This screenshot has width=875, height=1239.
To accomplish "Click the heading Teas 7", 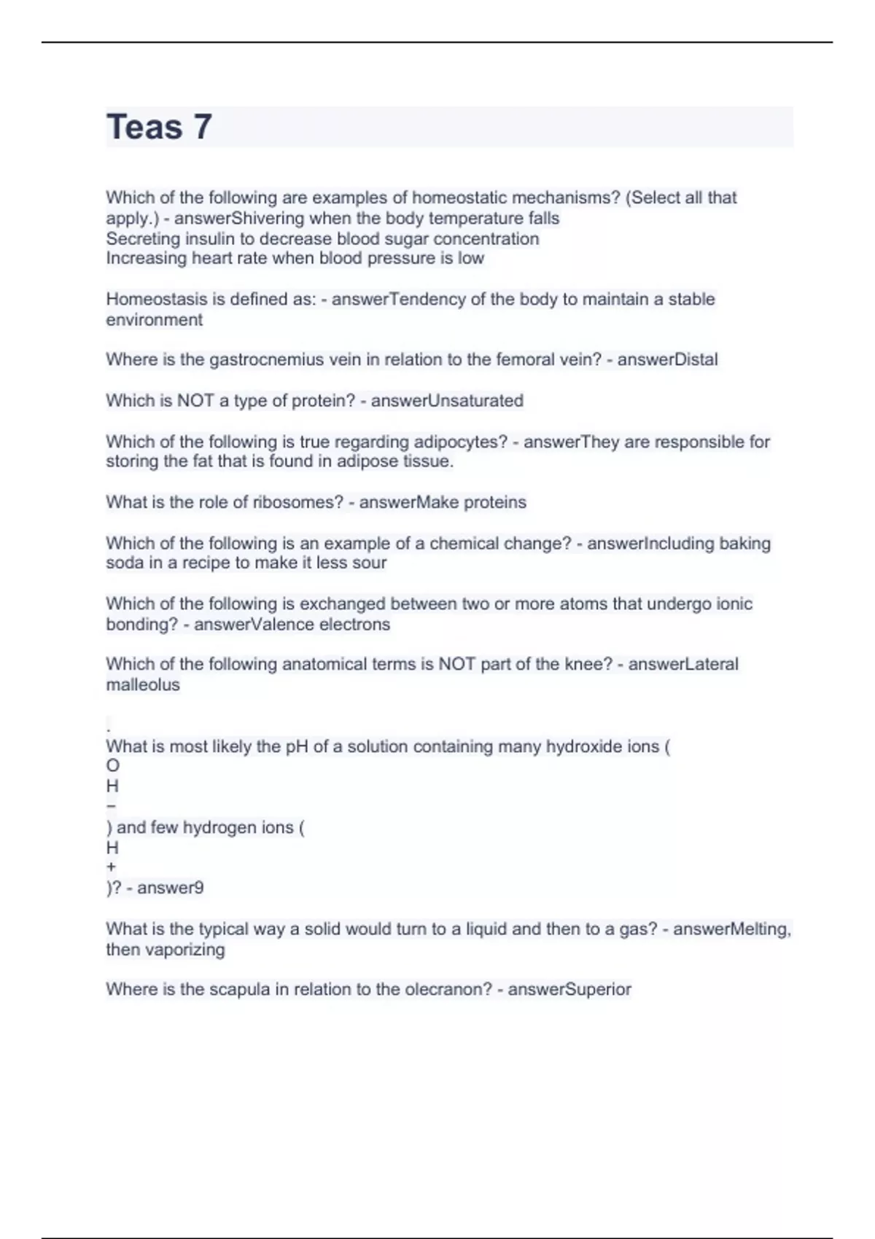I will (x=159, y=127).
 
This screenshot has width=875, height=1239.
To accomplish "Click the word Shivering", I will (x=267, y=219).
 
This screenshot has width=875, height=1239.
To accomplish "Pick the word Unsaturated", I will (x=475, y=401).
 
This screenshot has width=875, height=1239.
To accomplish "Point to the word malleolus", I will (x=143, y=685).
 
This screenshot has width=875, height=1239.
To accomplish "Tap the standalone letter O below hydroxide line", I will (x=112, y=766).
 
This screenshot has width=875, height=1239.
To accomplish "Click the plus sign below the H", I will (x=111, y=867).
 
